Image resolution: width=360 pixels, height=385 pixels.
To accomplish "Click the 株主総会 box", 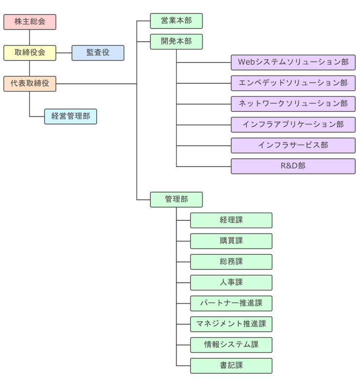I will tap(30, 22).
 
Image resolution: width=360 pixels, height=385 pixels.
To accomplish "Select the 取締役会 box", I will tap(30, 53).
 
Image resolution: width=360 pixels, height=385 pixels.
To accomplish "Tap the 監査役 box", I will tap(98, 53).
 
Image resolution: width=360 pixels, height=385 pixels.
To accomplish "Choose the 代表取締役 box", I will tap(30, 83).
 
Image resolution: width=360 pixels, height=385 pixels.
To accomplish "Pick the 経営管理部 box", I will tap(70, 116).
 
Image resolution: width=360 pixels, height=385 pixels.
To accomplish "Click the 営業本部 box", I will tap(176, 21).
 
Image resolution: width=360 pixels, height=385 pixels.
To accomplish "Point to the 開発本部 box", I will tap(176, 42).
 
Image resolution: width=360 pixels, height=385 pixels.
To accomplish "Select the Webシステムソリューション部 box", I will tap(293, 62).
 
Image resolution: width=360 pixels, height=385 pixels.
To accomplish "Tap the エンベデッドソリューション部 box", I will tap(293, 83).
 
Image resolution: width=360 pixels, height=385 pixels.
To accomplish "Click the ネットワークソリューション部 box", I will tap(293, 104).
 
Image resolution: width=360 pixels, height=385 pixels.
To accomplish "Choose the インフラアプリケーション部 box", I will tap(293, 124).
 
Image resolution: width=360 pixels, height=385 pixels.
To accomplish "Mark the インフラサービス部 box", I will tap(293, 145).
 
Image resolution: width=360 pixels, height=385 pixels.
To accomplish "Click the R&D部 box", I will tap(293, 166).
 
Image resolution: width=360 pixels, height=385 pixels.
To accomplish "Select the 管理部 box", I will tap(176, 200).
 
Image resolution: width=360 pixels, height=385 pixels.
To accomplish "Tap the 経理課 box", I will tap(231, 220).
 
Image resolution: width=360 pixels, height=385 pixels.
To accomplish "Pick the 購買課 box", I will tap(231, 241).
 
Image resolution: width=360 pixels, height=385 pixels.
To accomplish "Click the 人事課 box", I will tap(231, 282).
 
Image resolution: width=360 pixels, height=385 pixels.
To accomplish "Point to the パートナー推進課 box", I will tap(231, 303).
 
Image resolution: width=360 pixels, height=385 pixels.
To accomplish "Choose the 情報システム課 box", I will tap(231, 345).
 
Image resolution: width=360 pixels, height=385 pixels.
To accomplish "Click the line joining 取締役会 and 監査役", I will tap(64, 53).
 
